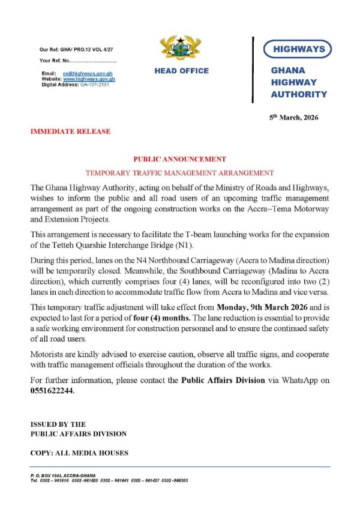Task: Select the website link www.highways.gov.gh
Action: click(x=89, y=79)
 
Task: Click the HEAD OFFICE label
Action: click(x=181, y=71)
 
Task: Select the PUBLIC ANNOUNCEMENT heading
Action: click(x=180, y=159)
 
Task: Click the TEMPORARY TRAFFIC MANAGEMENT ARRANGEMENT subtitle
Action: click(x=180, y=172)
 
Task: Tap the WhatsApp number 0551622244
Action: click(x=53, y=390)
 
